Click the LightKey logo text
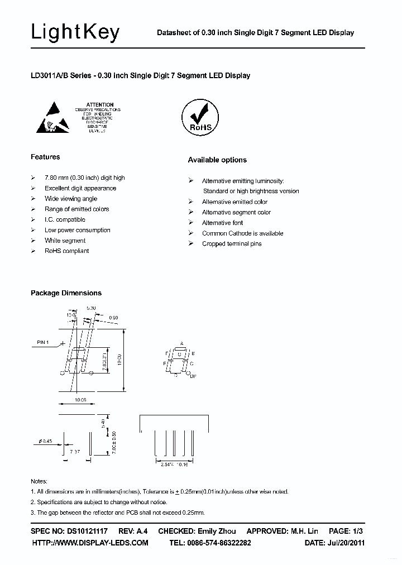click(x=75, y=32)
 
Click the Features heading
click(x=45, y=157)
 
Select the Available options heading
click(x=217, y=160)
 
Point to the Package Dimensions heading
click(x=66, y=293)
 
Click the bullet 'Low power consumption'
click(x=78, y=230)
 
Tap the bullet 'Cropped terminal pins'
click(x=232, y=244)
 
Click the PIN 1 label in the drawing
click(x=44, y=342)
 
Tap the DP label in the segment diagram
click(x=193, y=377)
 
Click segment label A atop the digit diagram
click(x=181, y=343)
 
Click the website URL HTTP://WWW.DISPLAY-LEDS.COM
click(x=90, y=543)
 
